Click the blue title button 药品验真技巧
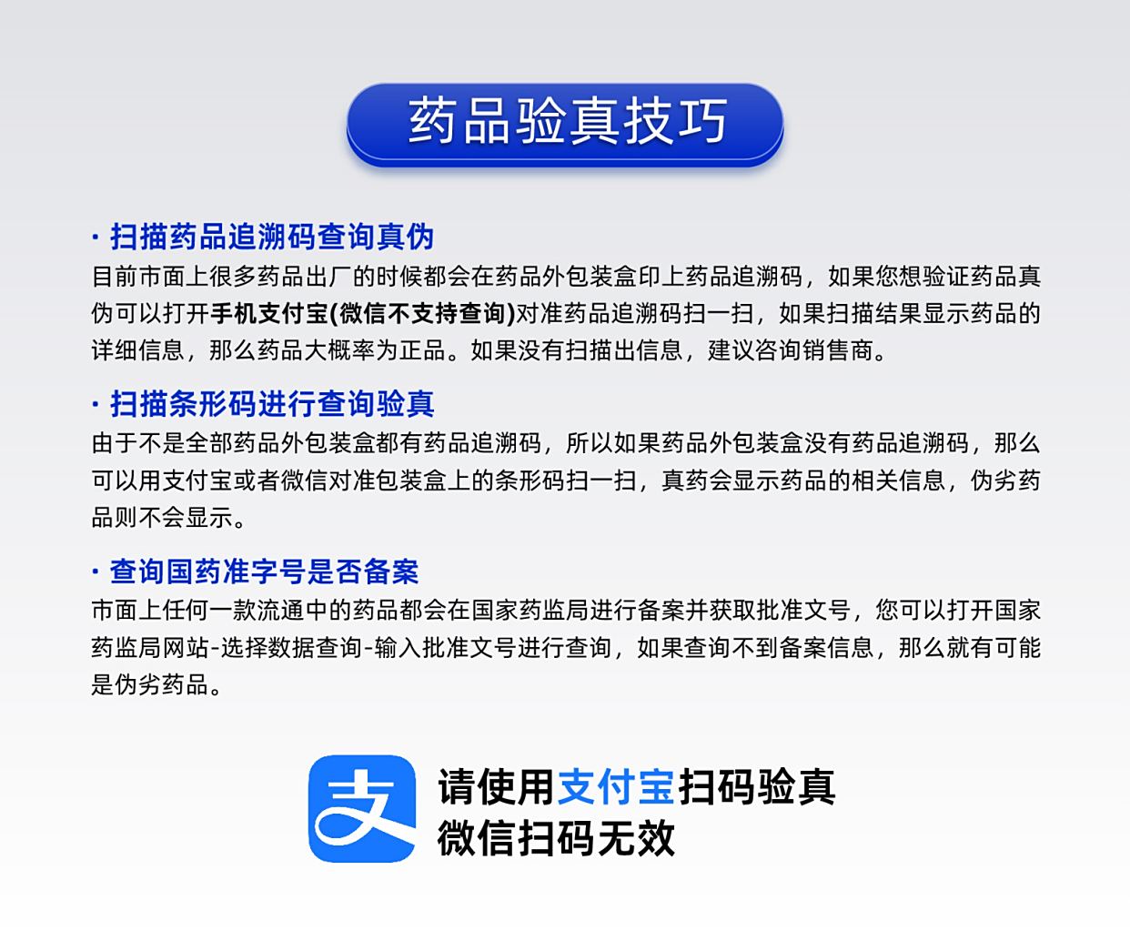[564, 124]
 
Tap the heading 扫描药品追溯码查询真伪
[272, 237]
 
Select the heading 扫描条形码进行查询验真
[272, 404]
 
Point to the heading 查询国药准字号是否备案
[264, 572]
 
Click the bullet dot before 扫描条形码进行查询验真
[96, 404]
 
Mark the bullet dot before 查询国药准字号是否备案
[96, 572]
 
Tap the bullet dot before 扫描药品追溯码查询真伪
[96, 237]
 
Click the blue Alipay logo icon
[362, 808]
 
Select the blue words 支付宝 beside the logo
[616, 786]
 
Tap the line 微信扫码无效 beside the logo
[556, 838]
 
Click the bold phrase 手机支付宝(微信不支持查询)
[363, 313]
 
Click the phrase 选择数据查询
[291, 648]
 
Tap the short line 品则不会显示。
[168, 518]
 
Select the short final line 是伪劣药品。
[156, 685]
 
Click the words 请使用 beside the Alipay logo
[496, 786]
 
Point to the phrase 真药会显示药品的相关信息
[802, 481]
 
